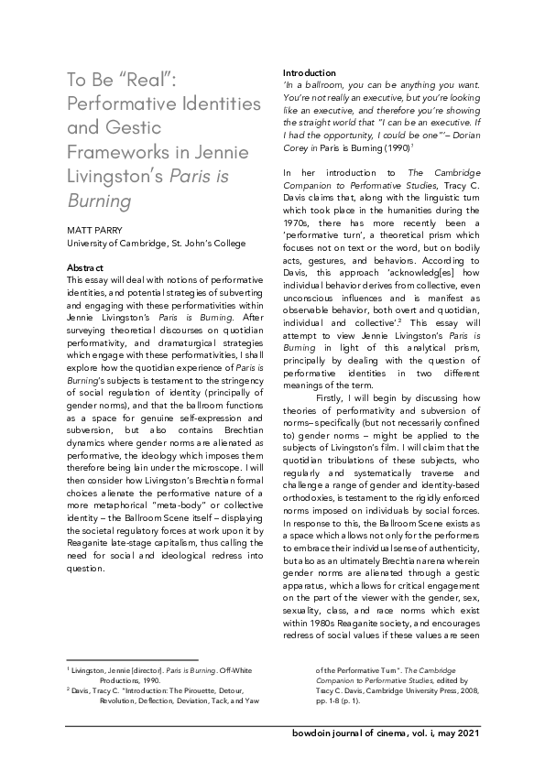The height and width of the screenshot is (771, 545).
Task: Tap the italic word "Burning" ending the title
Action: (99, 200)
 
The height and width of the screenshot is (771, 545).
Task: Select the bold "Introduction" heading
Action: (309, 72)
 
